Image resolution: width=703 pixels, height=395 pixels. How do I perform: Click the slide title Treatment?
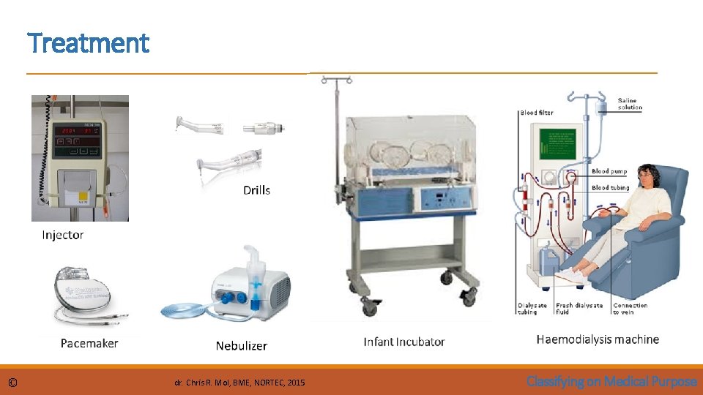pyautogui.click(x=88, y=43)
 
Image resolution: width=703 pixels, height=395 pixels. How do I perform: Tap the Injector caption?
pyautogui.click(x=63, y=235)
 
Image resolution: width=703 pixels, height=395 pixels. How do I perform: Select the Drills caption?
pyautogui.click(x=256, y=190)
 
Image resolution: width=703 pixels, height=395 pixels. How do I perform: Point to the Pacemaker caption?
pyautogui.click(x=89, y=342)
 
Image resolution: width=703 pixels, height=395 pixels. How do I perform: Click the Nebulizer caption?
pyautogui.click(x=242, y=345)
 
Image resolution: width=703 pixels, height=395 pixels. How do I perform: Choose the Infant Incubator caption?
pyautogui.click(x=404, y=342)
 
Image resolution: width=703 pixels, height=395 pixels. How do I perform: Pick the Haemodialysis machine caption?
pyautogui.click(x=598, y=339)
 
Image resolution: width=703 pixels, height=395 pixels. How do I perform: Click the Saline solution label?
pyautogui.click(x=630, y=104)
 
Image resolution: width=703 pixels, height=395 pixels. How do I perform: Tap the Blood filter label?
pyautogui.click(x=537, y=113)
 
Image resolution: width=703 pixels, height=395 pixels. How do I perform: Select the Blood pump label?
pyautogui.click(x=609, y=172)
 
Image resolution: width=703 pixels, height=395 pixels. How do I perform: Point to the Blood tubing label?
pyautogui.click(x=610, y=188)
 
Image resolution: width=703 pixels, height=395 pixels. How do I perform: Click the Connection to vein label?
pyautogui.click(x=630, y=309)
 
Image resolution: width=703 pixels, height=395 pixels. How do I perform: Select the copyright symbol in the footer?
pyautogui.click(x=12, y=383)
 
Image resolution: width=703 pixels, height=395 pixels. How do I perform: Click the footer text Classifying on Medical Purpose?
pyautogui.click(x=611, y=381)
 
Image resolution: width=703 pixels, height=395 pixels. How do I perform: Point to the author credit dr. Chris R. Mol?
pyautogui.click(x=241, y=383)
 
